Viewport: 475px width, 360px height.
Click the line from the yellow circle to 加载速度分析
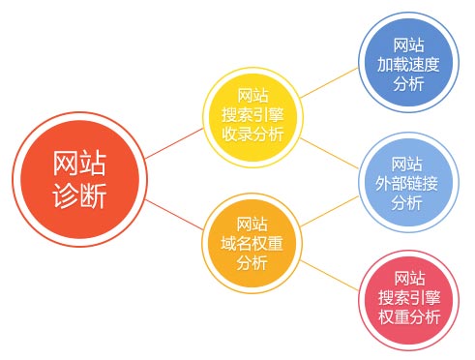(330, 84)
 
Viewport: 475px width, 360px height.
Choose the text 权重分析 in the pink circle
(408, 317)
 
